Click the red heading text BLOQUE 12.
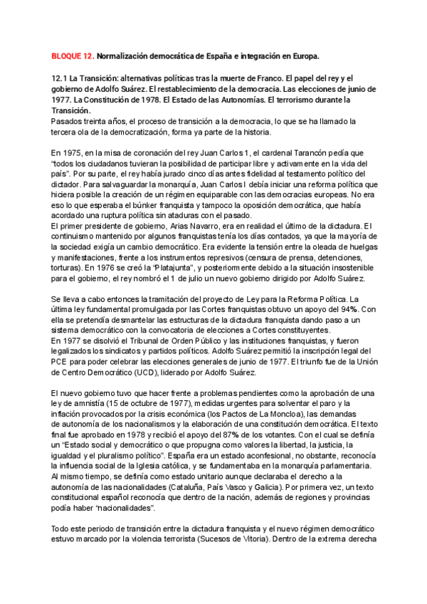(72, 55)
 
